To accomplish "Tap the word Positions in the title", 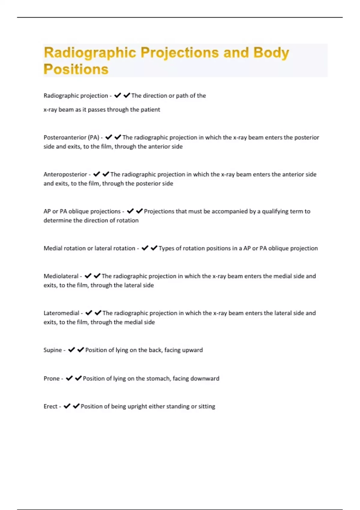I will tap(76, 69).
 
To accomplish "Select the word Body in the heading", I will tap(271, 53).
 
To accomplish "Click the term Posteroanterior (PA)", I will tap(71, 137).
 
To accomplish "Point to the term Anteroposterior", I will tap(65, 174).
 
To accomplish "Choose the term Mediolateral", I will tap(61, 276).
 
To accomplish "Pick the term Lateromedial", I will tap(61, 313).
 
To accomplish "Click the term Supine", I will tap(52, 350).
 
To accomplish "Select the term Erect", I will tap(50, 406).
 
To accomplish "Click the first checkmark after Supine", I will tap(71, 349).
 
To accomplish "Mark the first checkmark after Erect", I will tap(67, 406).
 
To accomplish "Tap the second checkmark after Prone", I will tap(78, 378).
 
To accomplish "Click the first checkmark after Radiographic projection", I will tap(117, 95).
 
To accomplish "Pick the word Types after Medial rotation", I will tap(166, 248).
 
